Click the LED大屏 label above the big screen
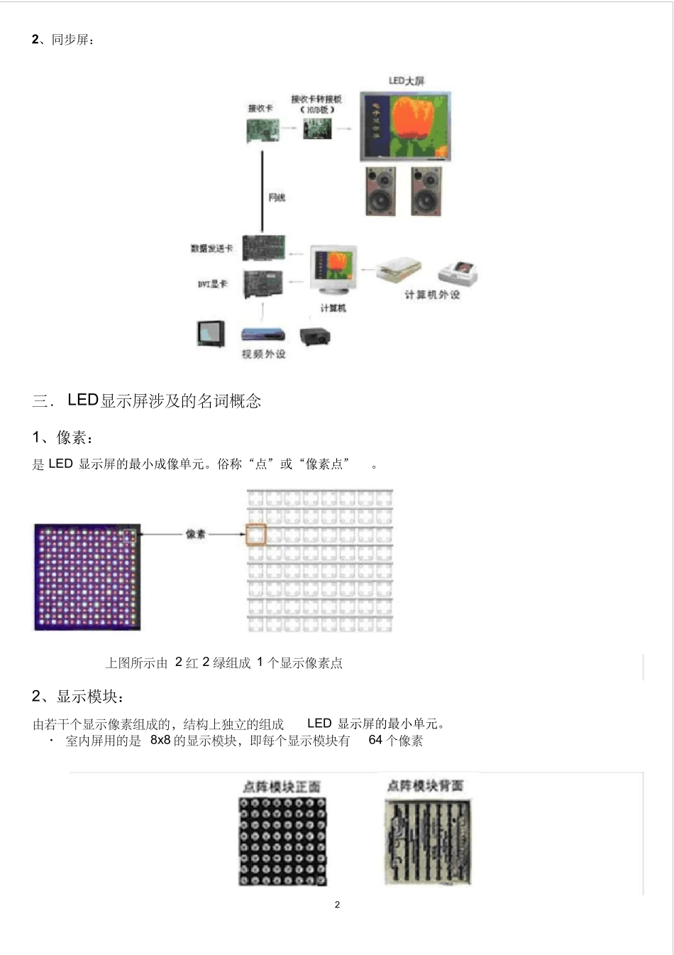point(407,81)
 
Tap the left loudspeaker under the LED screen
point(381,190)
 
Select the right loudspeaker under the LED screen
point(426,190)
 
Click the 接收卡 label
point(260,109)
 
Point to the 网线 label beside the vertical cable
point(277,197)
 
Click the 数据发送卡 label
point(211,249)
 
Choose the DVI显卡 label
point(212,284)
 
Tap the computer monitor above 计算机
point(333,270)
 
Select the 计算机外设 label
point(432,295)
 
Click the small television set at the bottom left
point(211,333)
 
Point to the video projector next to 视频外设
point(314,336)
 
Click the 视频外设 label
point(263,354)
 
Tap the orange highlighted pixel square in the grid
point(255,535)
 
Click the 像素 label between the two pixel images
point(196,534)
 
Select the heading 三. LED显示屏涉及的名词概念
point(147,400)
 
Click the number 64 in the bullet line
point(375,740)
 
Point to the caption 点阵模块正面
point(282,787)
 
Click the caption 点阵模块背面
point(426,785)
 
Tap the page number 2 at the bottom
point(337,905)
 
